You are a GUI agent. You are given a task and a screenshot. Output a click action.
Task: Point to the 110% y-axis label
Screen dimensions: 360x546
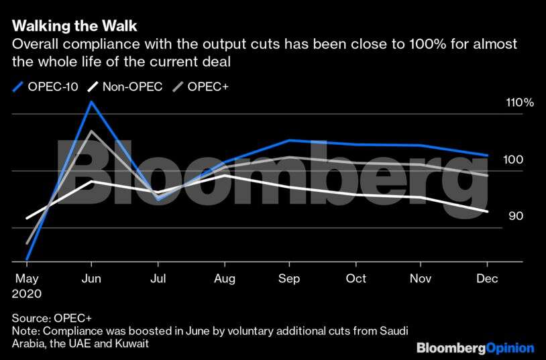520,103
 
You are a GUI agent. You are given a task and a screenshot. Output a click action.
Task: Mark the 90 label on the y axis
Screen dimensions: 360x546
515,216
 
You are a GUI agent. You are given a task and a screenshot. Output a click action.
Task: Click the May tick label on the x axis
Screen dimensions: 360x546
26,279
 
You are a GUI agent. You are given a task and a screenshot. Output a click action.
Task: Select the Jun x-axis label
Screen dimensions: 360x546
91,279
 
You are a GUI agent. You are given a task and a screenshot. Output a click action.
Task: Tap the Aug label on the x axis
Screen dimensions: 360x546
223,279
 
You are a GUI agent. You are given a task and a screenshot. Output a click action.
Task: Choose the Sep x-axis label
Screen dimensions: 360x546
288,279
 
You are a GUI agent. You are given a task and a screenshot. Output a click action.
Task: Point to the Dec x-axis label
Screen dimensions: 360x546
487,279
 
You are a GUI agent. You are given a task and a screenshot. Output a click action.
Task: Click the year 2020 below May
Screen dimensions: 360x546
27,294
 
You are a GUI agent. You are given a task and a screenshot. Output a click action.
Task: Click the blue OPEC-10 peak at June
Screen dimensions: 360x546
92,102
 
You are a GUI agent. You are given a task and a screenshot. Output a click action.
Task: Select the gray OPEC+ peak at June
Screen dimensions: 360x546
92,131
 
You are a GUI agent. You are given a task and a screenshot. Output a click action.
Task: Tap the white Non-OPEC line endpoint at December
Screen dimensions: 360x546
487,212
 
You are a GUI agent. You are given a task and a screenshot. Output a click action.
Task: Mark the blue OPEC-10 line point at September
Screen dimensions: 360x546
289,140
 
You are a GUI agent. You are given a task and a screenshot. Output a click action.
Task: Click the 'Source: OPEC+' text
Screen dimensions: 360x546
51,318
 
